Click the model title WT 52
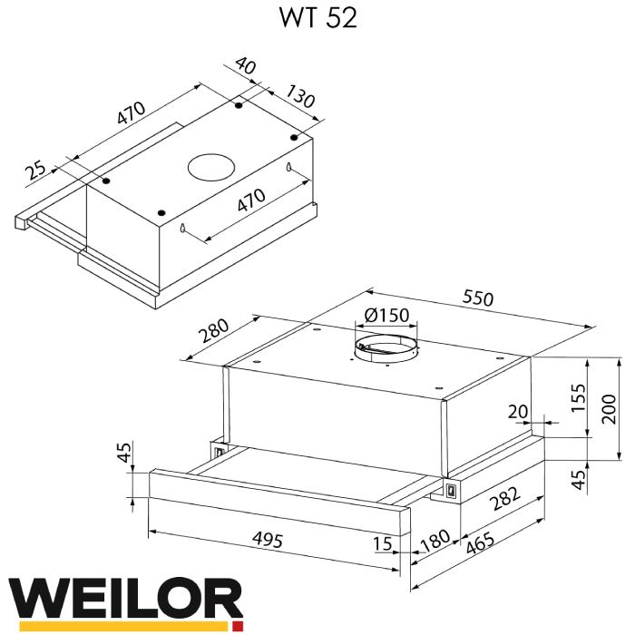pyautogui.click(x=317, y=19)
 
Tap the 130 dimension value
pyautogui.click(x=300, y=97)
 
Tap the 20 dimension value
pyautogui.click(x=517, y=412)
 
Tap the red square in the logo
pyautogui.click(x=238, y=626)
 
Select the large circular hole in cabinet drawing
pyautogui.click(x=210, y=167)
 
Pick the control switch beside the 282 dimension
pyautogui.click(x=450, y=491)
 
